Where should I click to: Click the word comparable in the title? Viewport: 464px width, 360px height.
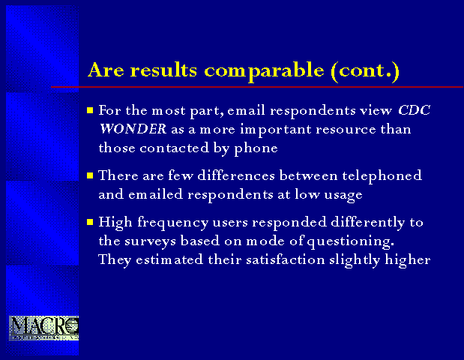pyautogui.click(x=264, y=71)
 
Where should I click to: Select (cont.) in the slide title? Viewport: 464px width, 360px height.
pyautogui.click(x=365, y=71)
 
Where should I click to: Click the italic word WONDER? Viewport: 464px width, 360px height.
pyautogui.click(x=133, y=129)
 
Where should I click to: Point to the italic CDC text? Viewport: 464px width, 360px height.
pyautogui.click(x=414, y=110)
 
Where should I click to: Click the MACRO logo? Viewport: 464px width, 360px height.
pyautogui.click(x=43, y=328)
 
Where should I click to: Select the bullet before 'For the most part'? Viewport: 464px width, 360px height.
pyautogui.click(x=90, y=110)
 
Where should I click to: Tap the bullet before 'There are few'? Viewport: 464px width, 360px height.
pyautogui.click(x=90, y=175)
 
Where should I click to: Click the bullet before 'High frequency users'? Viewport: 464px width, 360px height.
pyautogui.click(x=90, y=222)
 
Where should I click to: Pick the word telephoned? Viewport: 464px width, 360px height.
pyautogui.click(x=382, y=176)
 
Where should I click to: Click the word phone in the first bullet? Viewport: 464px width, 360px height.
pyautogui.click(x=256, y=148)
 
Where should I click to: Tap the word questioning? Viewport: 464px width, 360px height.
pyautogui.click(x=351, y=241)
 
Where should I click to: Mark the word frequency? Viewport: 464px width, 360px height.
pyautogui.click(x=173, y=223)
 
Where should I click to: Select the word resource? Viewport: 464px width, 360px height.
pyautogui.click(x=346, y=130)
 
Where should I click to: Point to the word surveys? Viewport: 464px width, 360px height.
pyautogui.click(x=150, y=241)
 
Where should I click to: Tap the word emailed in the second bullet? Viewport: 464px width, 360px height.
pyautogui.click(x=155, y=194)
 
